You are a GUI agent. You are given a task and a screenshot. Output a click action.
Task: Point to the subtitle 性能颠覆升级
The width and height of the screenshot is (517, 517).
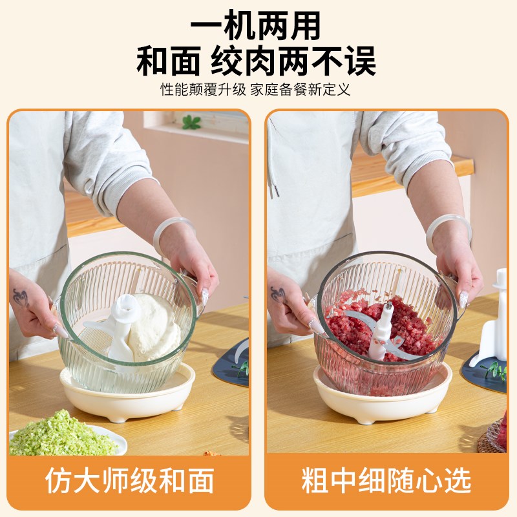(x=204, y=89)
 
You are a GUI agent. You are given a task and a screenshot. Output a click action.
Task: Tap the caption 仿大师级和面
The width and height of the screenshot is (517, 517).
(x=129, y=481)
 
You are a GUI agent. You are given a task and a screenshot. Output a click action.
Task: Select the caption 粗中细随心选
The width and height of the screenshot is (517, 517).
(x=386, y=481)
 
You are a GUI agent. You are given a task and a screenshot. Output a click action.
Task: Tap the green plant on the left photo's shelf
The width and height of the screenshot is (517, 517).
(x=191, y=122)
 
